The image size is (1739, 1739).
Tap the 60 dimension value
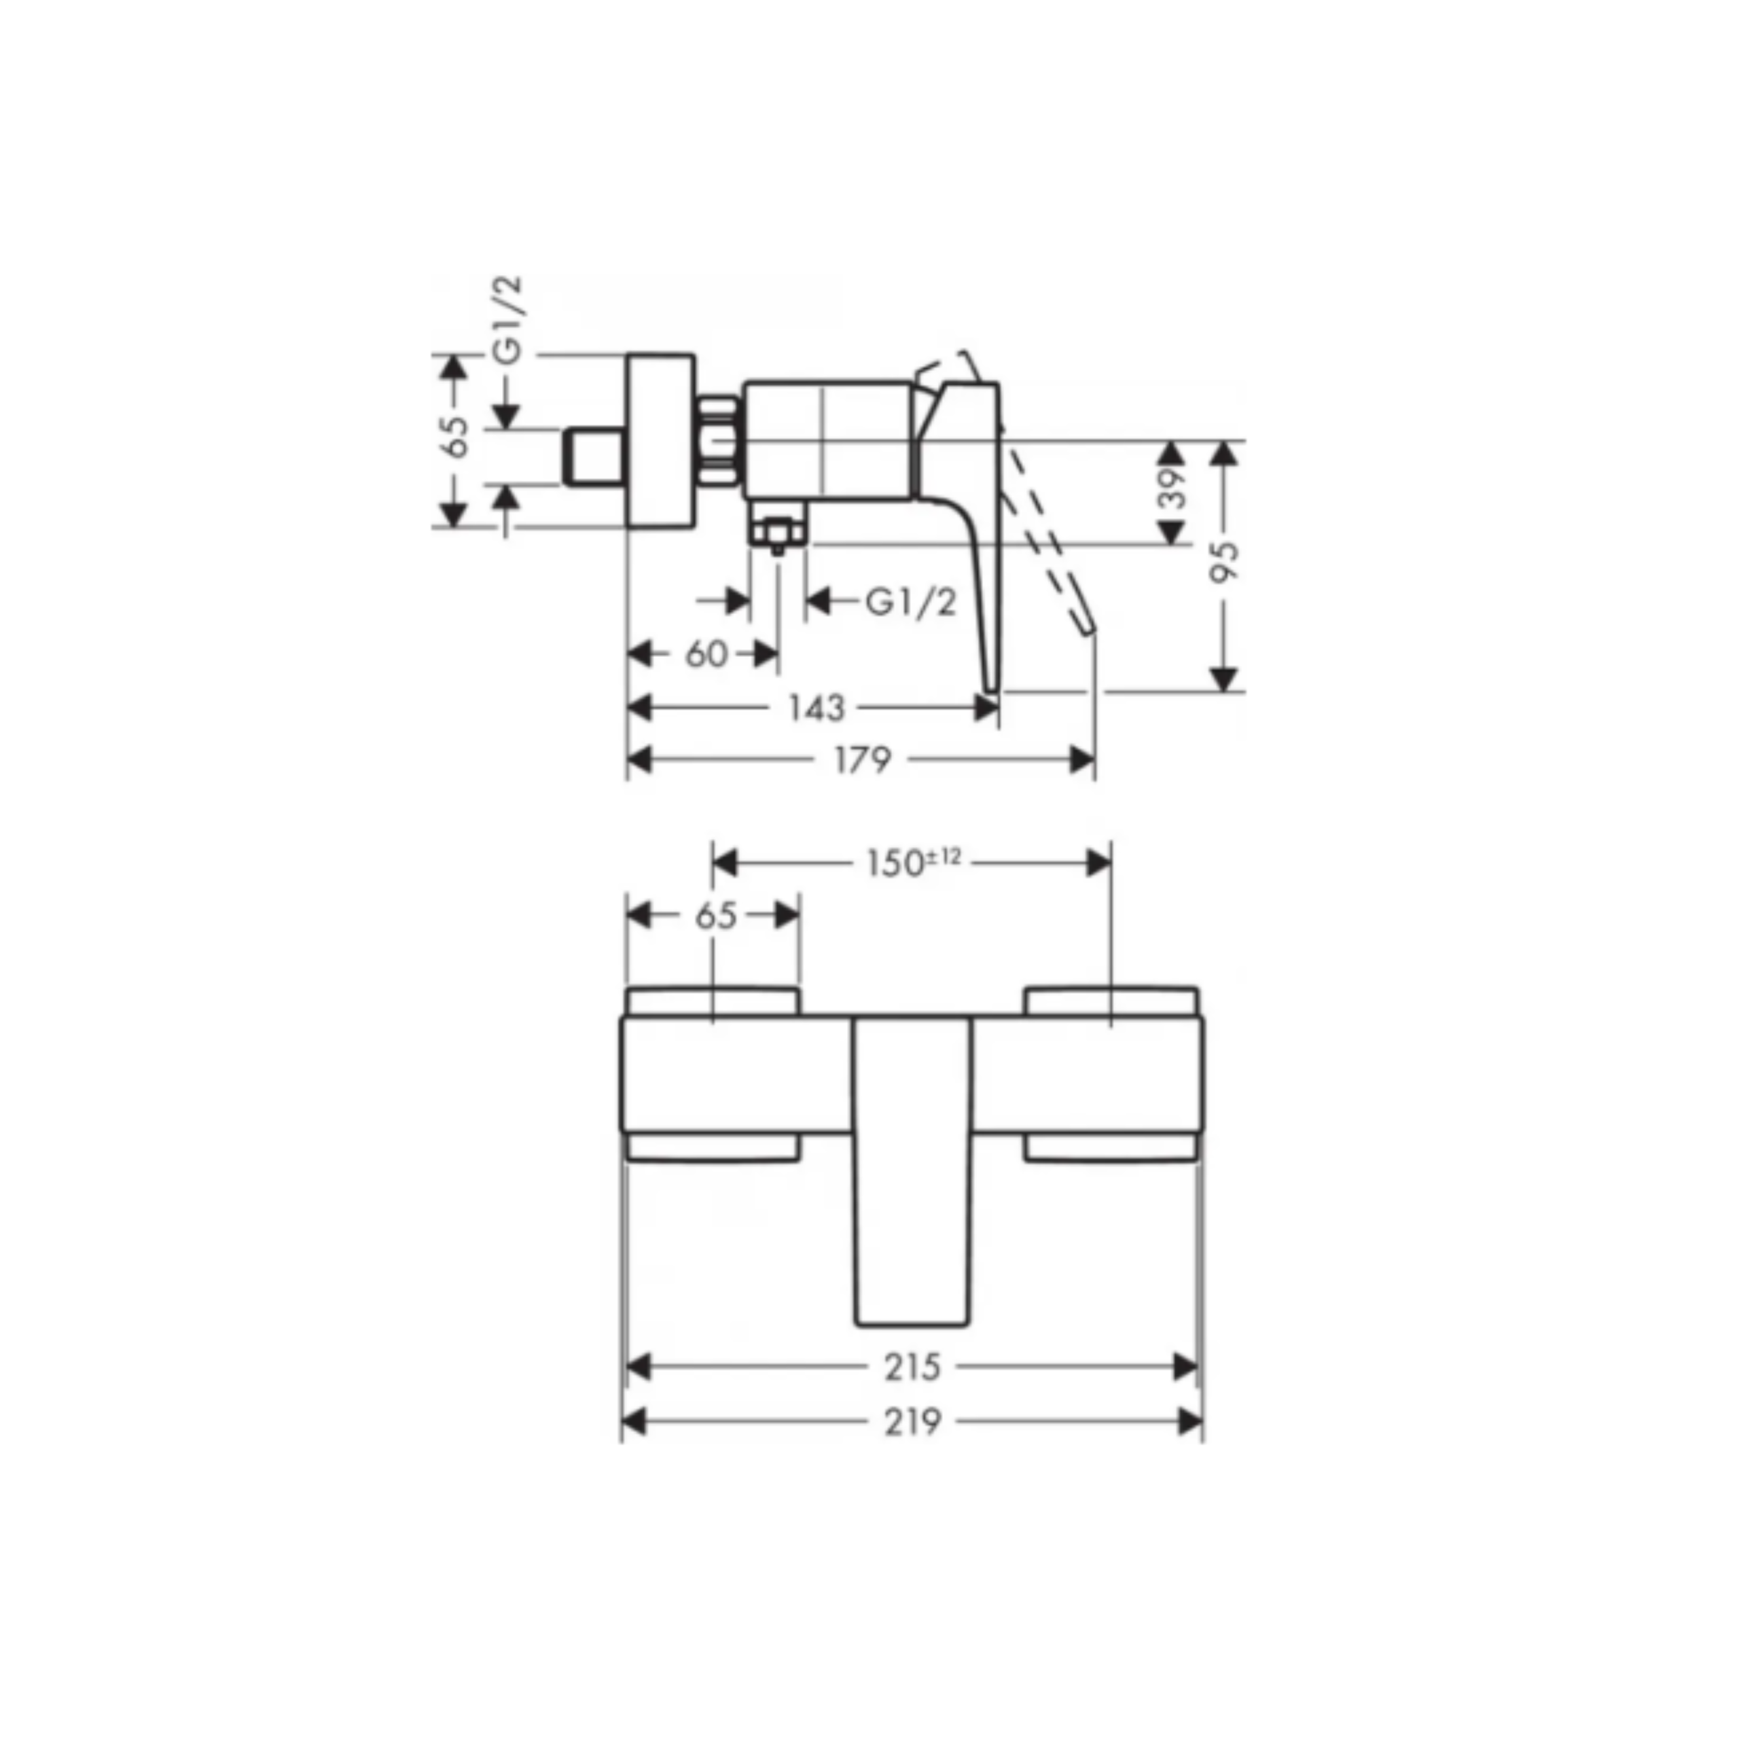(x=706, y=654)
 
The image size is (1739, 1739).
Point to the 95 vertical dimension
(x=1223, y=562)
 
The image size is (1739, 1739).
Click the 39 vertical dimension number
(x=1171, y=488)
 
